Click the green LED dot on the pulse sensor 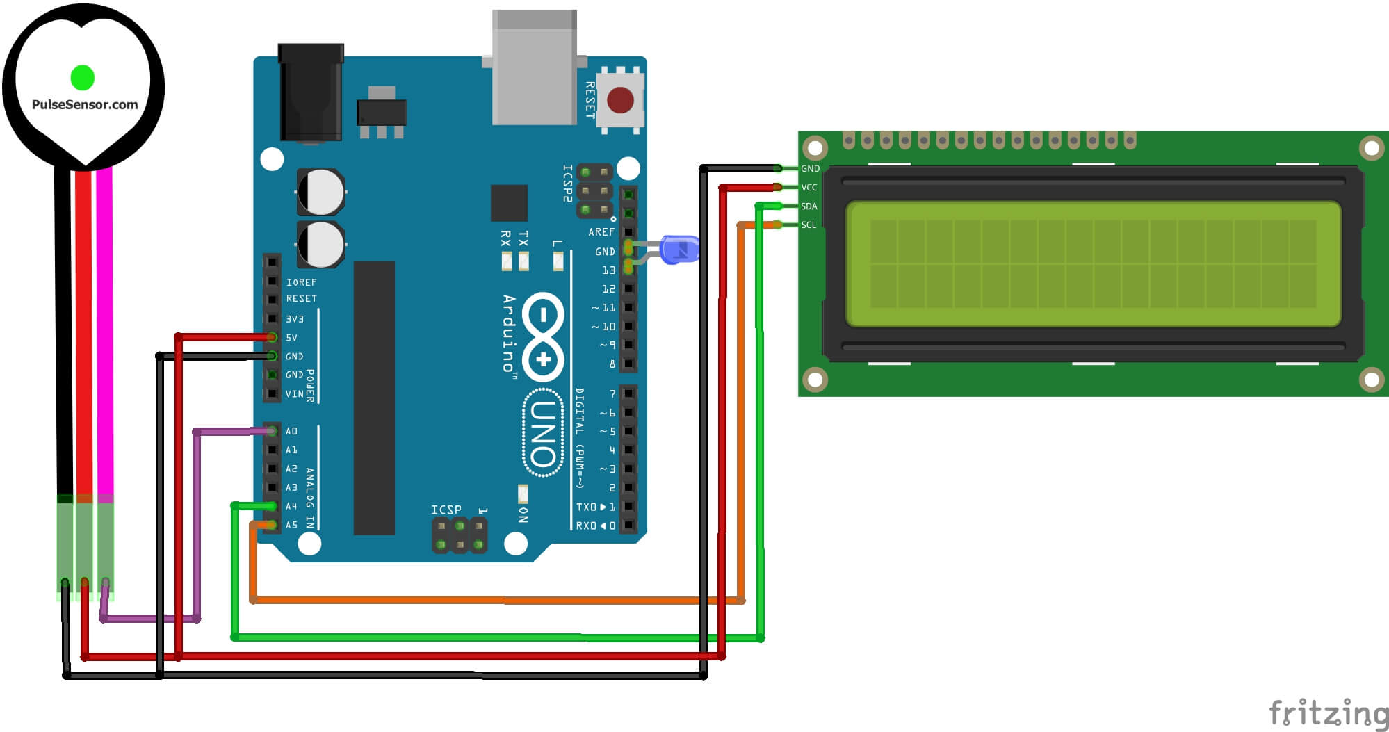(82, 78)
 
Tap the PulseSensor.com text (85, 105)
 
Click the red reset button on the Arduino (620, 100)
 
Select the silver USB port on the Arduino (534, 68)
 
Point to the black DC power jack (311, 93)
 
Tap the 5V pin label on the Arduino (292, 338)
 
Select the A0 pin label (291, 432)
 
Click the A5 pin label (291, 526)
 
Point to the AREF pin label (601, 232)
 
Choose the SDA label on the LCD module (809, 206)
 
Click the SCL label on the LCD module (809, 225)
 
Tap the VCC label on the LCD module (809, 188)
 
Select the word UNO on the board (543, 433)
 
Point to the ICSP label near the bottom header (446, 510)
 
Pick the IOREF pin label (301, 283)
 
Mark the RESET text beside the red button (590, 100)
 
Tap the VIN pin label (295, 394)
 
